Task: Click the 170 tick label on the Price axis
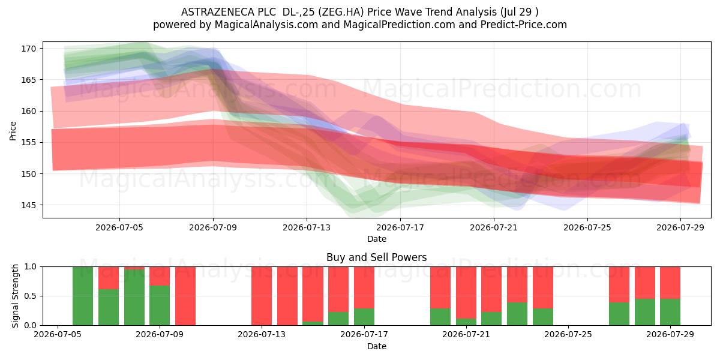pos(28,49)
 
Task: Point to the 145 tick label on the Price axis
pos(28,205)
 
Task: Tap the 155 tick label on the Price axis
pos(28,143)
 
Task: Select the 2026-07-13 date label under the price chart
pos(307,227)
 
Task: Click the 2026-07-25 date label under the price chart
pos(587,227)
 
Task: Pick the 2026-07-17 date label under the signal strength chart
pos(364,334)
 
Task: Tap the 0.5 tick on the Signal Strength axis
pos(31,296)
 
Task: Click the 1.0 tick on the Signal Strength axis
pos(31,267)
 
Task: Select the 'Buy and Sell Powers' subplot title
pos(376,257)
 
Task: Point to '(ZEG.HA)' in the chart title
pos(341,12)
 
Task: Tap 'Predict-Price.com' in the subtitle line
pos(524,25)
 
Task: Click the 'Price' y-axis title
pos(13,131)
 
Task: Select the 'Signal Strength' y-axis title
pos(15,296)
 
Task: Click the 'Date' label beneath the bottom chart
pos(377,346)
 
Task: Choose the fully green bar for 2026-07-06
pos(83,296)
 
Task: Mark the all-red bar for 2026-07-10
pos(185,296)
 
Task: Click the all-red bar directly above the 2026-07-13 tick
pos(262,296)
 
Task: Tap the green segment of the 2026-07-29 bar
pos(670,312)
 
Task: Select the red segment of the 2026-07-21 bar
pos(466,293)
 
